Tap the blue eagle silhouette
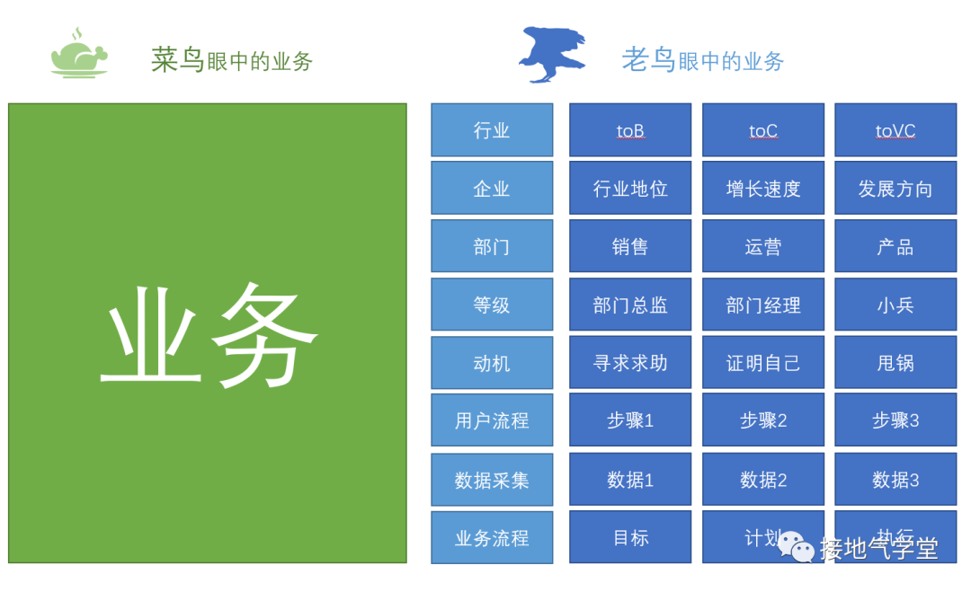[x=552, y=55]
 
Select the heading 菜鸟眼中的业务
[x=231, y=60]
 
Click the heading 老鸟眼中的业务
[x=702, y=60]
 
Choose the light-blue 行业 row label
[x=492, y=130]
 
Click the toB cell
[x=630, y=130]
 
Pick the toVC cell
[x=895, y=130]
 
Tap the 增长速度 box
[x=763, y=189]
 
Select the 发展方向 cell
[x=895, y=189]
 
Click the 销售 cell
[x=630, y=246]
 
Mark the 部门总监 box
[x=630, y=305]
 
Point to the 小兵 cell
[x=895, y=305]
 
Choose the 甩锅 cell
[x=895, y=363]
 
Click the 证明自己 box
[x=763, y=363]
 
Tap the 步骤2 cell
[x=763, y=420]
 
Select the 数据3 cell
[x=895, y=480]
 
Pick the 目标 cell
[x=630, y=537]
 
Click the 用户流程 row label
[x=492, y=420]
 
